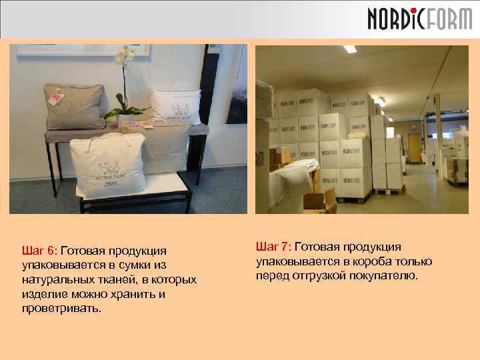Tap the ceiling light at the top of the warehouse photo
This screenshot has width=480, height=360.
click(350, 49)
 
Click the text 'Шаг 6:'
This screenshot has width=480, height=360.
click(41, 251)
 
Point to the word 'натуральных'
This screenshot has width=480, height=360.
click(54, 280)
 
